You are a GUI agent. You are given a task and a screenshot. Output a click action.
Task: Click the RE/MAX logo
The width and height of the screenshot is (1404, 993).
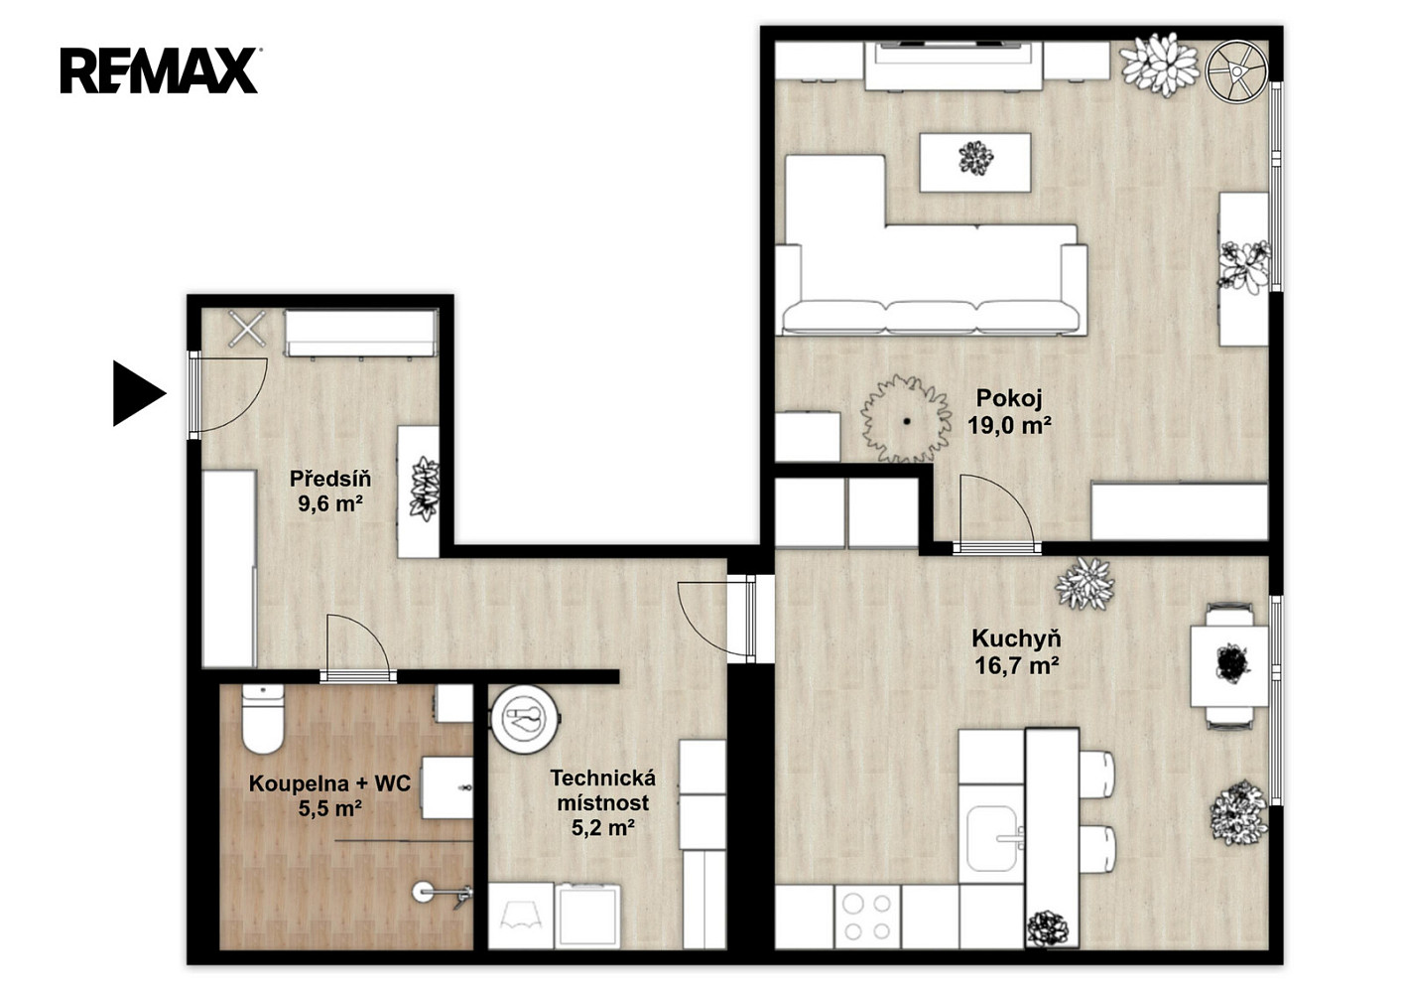(x=159, y=71)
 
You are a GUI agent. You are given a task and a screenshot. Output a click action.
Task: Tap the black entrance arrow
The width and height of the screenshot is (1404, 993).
(x=139, y=393)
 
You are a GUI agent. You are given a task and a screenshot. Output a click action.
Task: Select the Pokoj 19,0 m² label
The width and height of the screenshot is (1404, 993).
(x=1009, y=411)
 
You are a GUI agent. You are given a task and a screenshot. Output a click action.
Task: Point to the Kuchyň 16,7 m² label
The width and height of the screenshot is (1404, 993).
(x=1017, y=651)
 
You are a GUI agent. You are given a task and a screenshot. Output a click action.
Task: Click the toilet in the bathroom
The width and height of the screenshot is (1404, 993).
(x=263, y=719)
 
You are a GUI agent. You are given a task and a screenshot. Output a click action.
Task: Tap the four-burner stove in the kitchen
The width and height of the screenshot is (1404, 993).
(x=867, y=917)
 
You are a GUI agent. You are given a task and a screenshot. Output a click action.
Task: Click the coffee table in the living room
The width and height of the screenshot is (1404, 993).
(x=975, y=162)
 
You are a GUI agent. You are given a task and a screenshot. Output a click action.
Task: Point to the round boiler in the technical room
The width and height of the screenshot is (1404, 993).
(x=525, y=718)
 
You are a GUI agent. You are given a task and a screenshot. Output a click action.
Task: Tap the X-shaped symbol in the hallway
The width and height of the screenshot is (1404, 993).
(x=247, y=329)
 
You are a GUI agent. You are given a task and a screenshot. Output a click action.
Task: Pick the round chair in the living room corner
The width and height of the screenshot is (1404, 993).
(x=1236, y=71)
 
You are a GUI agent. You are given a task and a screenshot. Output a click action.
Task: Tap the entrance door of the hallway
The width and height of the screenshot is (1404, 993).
(x=228, y=394)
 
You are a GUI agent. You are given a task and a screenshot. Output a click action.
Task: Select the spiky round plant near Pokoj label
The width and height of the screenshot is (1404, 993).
(x=906, y=420)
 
